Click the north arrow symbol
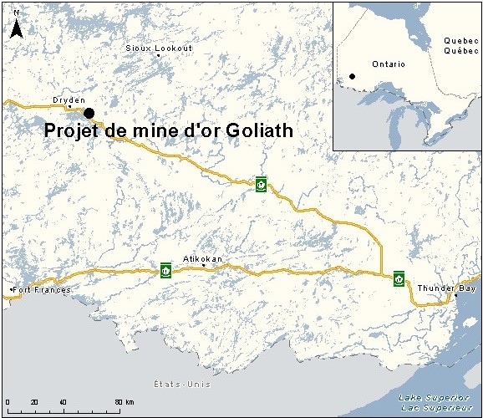pos(16,27)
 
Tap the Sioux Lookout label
pos(159,48)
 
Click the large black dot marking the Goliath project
pos(89,113)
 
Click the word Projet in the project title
pos(66,131)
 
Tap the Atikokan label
pos(203,259)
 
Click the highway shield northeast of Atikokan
pos(262,184)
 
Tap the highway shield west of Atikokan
pos(166,270)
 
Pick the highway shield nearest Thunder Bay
pos(399,278)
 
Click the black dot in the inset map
pos(353,76)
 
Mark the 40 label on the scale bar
pos(63,403)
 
